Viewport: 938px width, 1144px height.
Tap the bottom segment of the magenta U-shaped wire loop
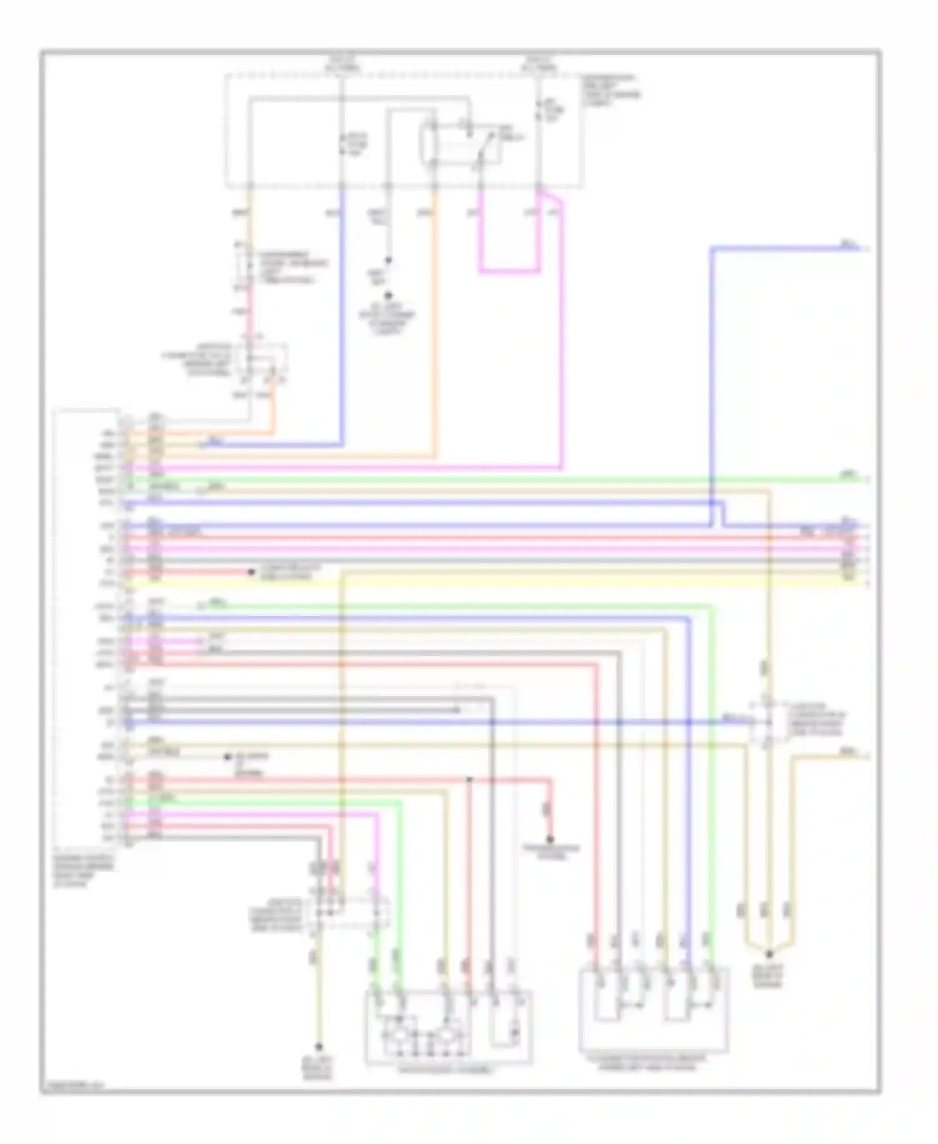(x=509, y=273)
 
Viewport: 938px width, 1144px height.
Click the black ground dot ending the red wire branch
(x=551, y=839)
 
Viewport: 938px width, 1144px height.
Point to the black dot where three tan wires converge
(x=770, y=954)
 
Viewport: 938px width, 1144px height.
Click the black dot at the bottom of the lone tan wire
(x=318, y=1046)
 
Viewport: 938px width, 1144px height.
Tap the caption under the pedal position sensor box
(x=653, y=1063)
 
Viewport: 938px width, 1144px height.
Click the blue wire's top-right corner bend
(x=712, y=249)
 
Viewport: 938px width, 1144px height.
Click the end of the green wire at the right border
(x=867, y=479)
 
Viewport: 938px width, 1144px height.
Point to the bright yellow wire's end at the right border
(x=867, y=584)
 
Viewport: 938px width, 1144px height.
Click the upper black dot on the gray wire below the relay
(x=388, y=260)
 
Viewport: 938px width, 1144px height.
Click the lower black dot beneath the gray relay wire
(x=388, y=295)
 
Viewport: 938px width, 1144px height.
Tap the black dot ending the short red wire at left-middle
(x=252, y=572)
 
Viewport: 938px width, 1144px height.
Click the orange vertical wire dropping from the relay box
(x=435, y=313)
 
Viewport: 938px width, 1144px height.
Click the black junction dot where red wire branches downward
(x=469, y=780)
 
